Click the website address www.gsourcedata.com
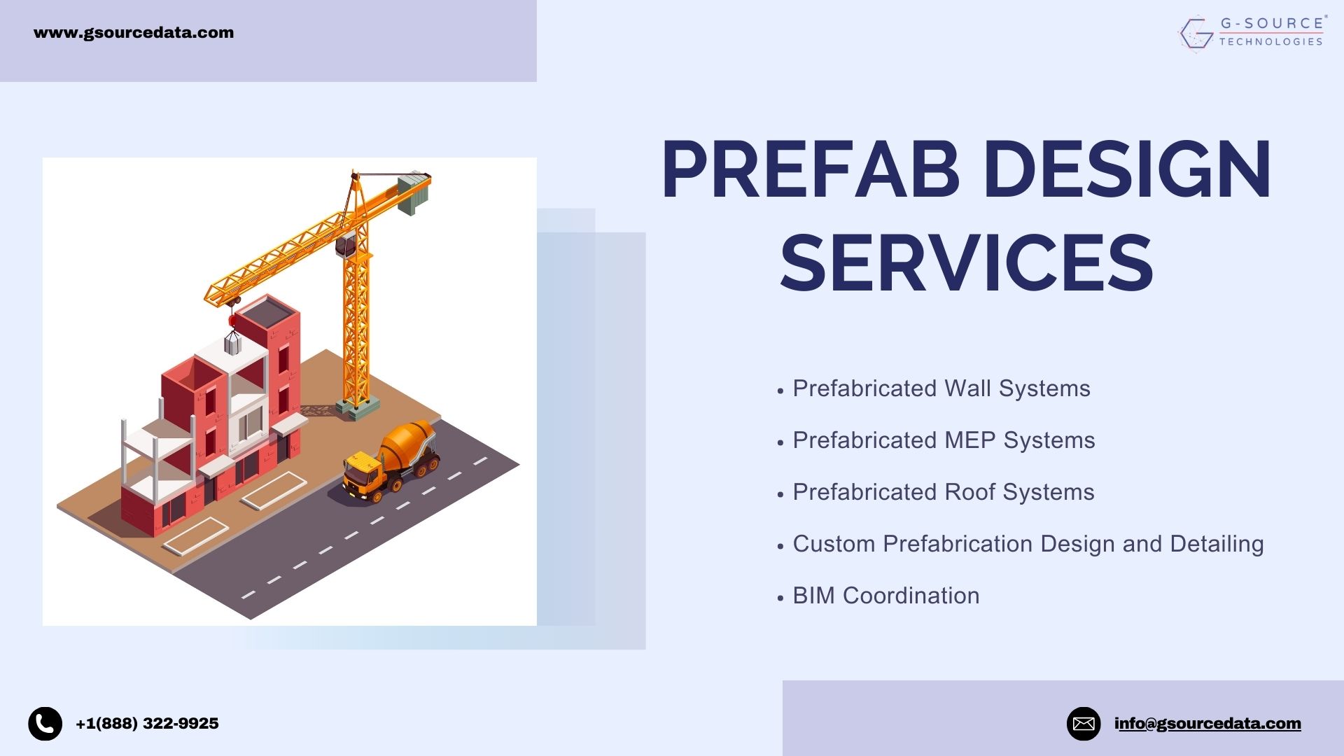coord(134,33)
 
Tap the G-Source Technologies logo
coord(1252,33)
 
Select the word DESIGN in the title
coord(1128,169)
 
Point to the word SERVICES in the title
coord(967,263)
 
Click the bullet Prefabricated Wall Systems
coord(941,388)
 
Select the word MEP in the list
coord(970,440)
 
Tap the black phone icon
coord(45,724)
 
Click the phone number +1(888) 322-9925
coord(147,724)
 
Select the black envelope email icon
coord(1084,724)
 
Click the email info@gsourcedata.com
coord(1207,724)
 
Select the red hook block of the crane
coord(232,321)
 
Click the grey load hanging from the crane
coord(232,343)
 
